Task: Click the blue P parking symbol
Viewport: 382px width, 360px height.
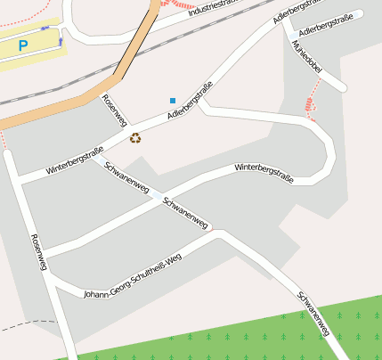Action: click(23, 45)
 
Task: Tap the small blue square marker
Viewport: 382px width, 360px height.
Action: click(173, 101)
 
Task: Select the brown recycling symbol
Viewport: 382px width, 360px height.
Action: click(135, 138)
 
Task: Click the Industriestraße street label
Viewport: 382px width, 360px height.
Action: click(219, 8)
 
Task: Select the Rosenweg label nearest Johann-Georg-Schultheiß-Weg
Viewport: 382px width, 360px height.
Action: click(38, 252)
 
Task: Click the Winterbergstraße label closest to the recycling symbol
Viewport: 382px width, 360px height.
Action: click(75, 160)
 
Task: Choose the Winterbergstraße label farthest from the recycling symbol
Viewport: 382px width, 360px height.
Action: click(264, 168)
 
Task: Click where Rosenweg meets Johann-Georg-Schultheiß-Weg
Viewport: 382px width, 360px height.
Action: click(52, 279)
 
